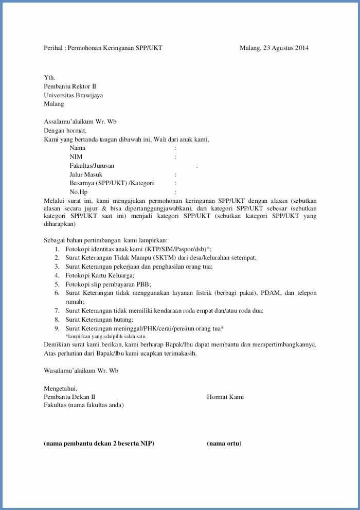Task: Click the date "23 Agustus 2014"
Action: pos(286,48)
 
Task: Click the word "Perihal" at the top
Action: pos(53,48)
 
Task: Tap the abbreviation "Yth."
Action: pos(49,78)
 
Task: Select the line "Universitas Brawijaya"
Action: pos(73,95)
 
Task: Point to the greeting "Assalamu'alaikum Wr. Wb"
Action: pos(80,121)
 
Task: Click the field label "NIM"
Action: pos(76,157)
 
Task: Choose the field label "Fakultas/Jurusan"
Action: pos(92,166)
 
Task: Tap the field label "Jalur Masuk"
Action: pos(86,174)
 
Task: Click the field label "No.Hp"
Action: pos(78,192)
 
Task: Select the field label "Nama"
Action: pos(78,148)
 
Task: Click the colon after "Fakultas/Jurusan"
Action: pos(197,166)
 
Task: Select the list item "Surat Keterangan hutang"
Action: pos(96,319)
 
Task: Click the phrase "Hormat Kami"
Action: pos(225,397)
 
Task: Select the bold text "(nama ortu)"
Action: pos(224,444)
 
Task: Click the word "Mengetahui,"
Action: pos(60,389)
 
